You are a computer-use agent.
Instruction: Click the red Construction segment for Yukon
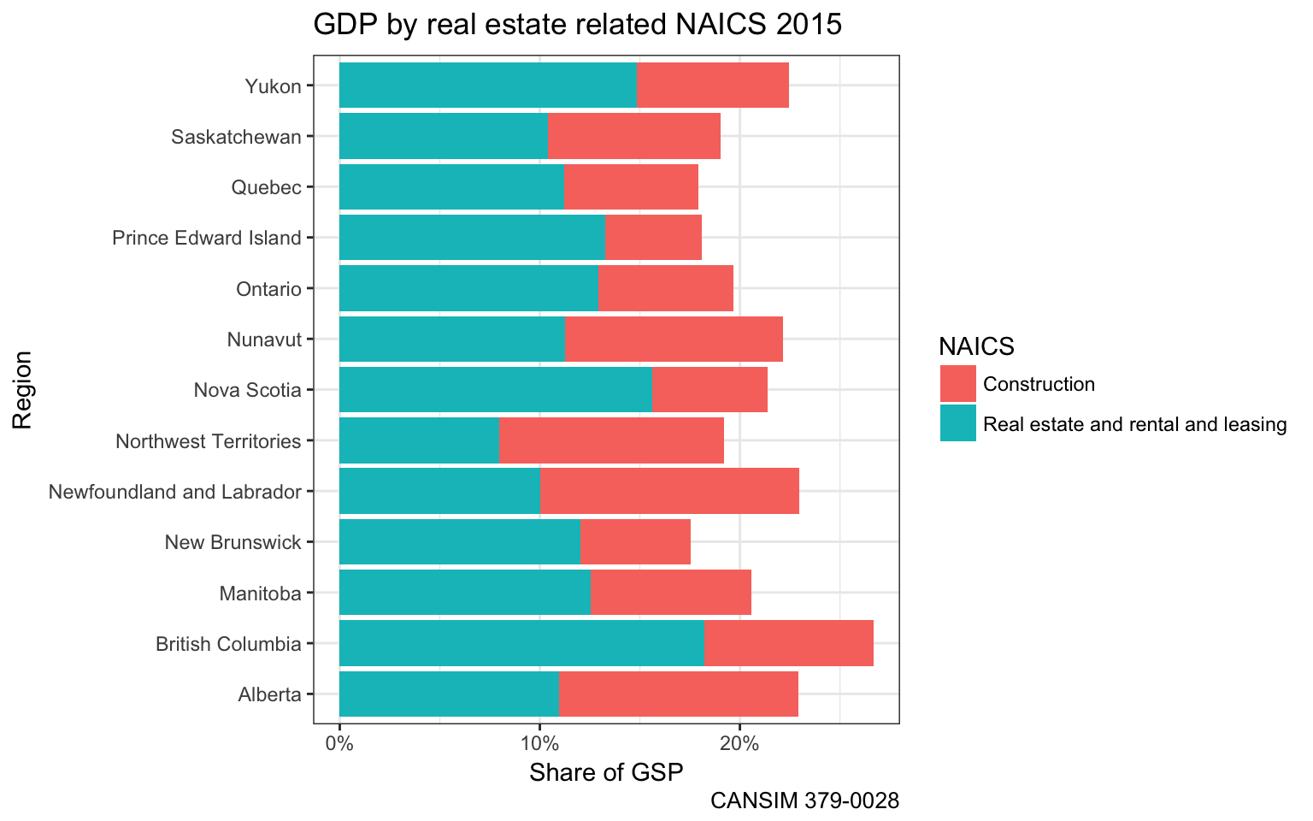point(713,86)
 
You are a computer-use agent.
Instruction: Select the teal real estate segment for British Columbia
point(521,643)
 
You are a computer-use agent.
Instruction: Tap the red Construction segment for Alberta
point(678,694)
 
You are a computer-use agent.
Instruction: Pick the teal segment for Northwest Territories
point(419,440)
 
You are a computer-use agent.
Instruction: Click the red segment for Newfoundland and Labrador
point(669,491)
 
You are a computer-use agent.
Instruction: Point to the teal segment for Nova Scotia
point(496,390)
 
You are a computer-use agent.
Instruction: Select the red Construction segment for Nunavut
point(674,339)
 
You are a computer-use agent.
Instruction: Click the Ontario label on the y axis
point(268,289)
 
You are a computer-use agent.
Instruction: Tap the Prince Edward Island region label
point(207,238)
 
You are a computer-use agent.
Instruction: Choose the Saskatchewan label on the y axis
point(236,137)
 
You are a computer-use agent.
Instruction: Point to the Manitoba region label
point(260,594)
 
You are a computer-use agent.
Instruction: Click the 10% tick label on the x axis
point(539,744)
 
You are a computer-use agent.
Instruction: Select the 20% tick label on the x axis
point(739,744)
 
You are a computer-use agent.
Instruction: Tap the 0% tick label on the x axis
point(339,744)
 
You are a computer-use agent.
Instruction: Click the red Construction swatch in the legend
point(957,384)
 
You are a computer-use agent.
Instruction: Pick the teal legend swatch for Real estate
point(957,423)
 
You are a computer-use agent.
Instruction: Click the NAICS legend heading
point(976,346)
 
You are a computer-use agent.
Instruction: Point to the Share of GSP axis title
point(606,773)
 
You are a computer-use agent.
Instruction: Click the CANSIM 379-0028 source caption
point(804,801)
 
